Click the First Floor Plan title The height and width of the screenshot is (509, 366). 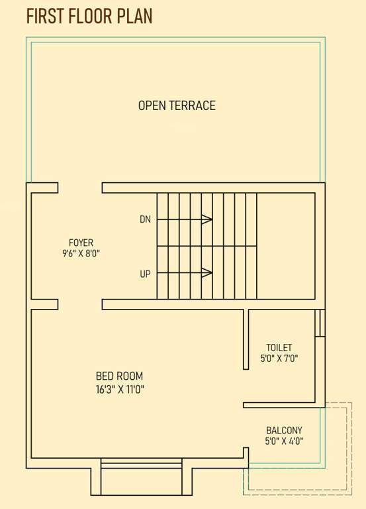pos(89,16)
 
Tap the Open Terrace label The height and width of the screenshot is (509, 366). pos(177,105)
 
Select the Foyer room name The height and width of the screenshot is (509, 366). pos(81,243)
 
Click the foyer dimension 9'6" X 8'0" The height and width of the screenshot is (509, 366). pos(81,253)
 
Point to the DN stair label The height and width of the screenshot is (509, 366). pos(145,219)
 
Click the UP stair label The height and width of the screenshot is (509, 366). pos(145,273)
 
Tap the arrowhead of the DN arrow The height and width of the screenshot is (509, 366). pos(207,219)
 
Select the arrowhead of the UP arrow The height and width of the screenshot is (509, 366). pos(207,272)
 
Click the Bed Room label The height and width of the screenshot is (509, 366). pos(119,376)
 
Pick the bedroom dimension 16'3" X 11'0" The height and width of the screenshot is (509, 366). pos(120,389)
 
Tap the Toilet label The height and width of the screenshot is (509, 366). pos(279,347)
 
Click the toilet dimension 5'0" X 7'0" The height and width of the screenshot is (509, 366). pos(279,359)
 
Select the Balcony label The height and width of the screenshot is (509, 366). pos(284,430)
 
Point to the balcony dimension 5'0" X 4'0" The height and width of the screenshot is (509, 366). pos(284,441)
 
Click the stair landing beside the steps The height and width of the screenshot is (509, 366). pos(285,246)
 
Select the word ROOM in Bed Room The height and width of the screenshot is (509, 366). pos(130,376)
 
